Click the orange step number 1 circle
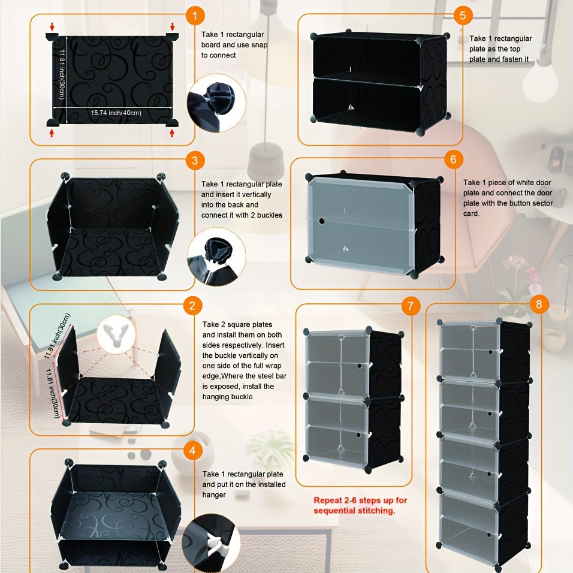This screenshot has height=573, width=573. (195, 16)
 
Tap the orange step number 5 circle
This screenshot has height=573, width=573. (463, 16)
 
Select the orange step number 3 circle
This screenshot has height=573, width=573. (195, 160)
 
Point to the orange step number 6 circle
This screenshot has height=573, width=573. (454, 159)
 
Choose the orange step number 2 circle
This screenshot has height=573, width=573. (192, 306)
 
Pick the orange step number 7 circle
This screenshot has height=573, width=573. (411, 306)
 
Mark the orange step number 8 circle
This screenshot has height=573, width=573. (539, 304)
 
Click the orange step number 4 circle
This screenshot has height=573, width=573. (192, 451)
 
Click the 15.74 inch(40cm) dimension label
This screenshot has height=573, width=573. (116, 113)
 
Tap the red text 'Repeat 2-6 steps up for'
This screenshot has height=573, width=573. (360, 500)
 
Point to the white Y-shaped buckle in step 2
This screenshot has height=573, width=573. (116, 334)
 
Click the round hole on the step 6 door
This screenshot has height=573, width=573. (322, 221)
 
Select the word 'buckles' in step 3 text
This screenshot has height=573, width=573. (270, 215)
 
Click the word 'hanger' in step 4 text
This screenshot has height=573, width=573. (214, 495)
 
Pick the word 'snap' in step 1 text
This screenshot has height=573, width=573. (259, 45)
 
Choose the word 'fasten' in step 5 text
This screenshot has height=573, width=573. (509, 59)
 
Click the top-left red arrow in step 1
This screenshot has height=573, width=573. (52, 26)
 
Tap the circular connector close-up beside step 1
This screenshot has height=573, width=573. (216, 103)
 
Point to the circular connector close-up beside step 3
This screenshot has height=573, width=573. (216, 257)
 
